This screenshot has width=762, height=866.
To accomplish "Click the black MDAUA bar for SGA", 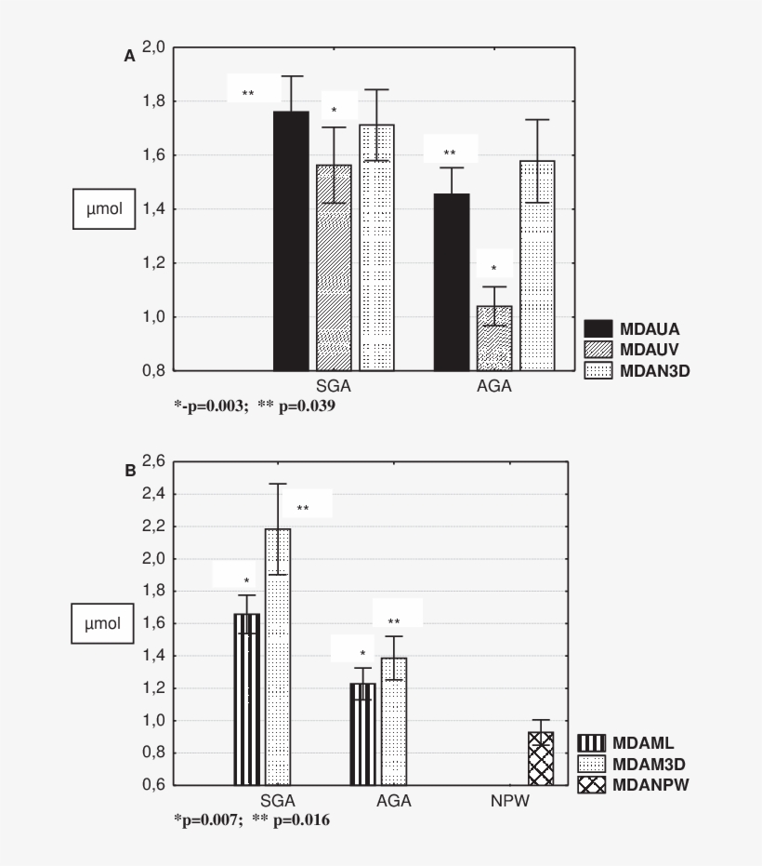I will [291, 241].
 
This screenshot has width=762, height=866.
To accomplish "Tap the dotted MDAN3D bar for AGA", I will [537, 266].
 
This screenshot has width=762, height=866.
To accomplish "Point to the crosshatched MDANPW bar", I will [541, 758].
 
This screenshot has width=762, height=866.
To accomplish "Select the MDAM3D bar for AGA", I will [394, 721].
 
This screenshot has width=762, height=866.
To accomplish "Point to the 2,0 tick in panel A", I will [154, 47].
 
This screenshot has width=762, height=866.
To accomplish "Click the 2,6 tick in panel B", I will [154, 461].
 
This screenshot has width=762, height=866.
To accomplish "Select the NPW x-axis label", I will [511, 800].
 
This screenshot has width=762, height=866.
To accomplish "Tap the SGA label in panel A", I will [334, 386].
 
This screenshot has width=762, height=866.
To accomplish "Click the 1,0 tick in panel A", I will [154, 317].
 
